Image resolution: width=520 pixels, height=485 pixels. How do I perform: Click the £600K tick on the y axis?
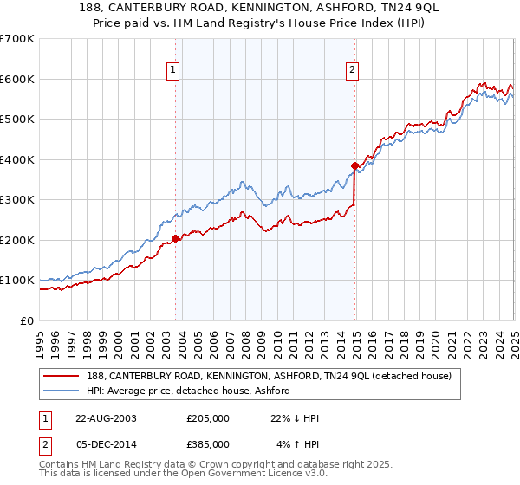click(x=17, y=79)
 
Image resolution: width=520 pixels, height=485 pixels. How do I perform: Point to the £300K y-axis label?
click(x=17, y=199)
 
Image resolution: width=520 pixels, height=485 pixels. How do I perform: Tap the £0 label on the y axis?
click(x=28, y=320)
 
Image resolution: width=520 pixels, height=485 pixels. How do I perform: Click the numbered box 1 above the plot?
click(x=173, y=71)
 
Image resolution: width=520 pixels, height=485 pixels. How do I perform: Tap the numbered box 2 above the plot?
click(x=353, y=71)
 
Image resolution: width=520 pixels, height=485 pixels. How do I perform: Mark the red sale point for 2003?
click(x=176, y=238)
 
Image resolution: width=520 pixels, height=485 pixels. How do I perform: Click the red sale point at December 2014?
click(x=354, y=165)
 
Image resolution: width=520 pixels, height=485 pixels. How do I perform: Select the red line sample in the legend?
click(x=62, y=376)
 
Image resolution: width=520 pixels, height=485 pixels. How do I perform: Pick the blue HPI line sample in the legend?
click(x=62, y=391)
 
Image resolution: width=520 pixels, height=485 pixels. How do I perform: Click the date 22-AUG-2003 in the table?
click(x=107, y=418)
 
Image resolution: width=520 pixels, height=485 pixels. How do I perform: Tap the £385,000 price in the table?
click(x=208, y=443)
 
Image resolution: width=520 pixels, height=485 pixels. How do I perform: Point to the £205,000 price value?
click(x=208, y=418)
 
